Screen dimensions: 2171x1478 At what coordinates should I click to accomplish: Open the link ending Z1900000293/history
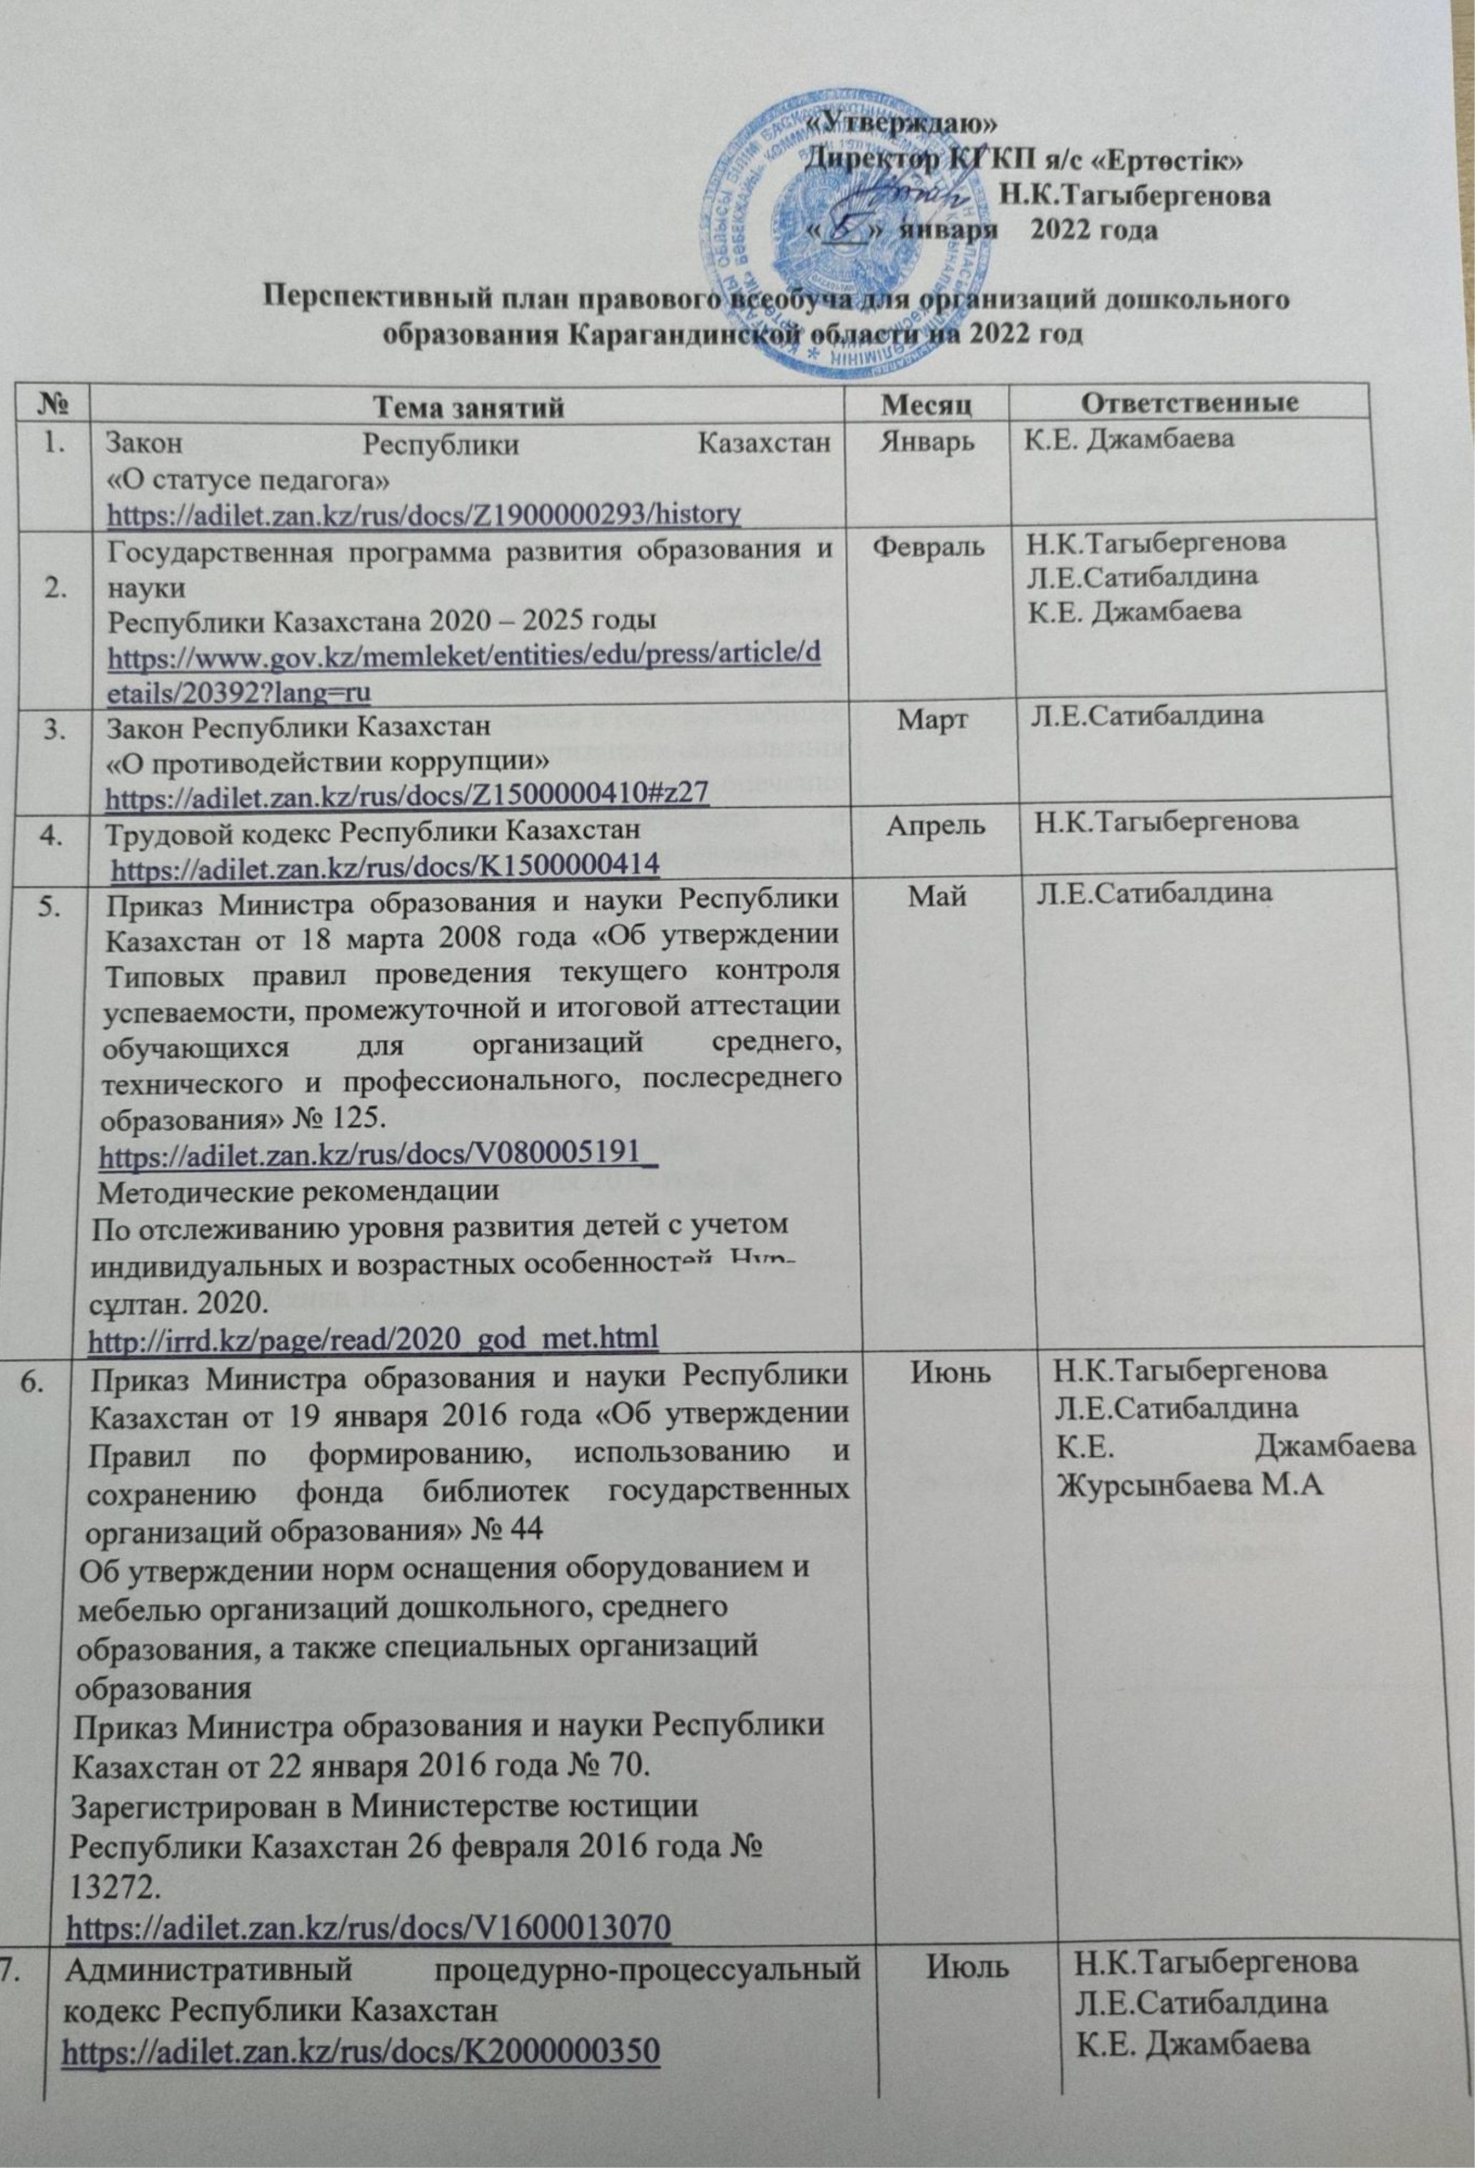click(x=425, y=512)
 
